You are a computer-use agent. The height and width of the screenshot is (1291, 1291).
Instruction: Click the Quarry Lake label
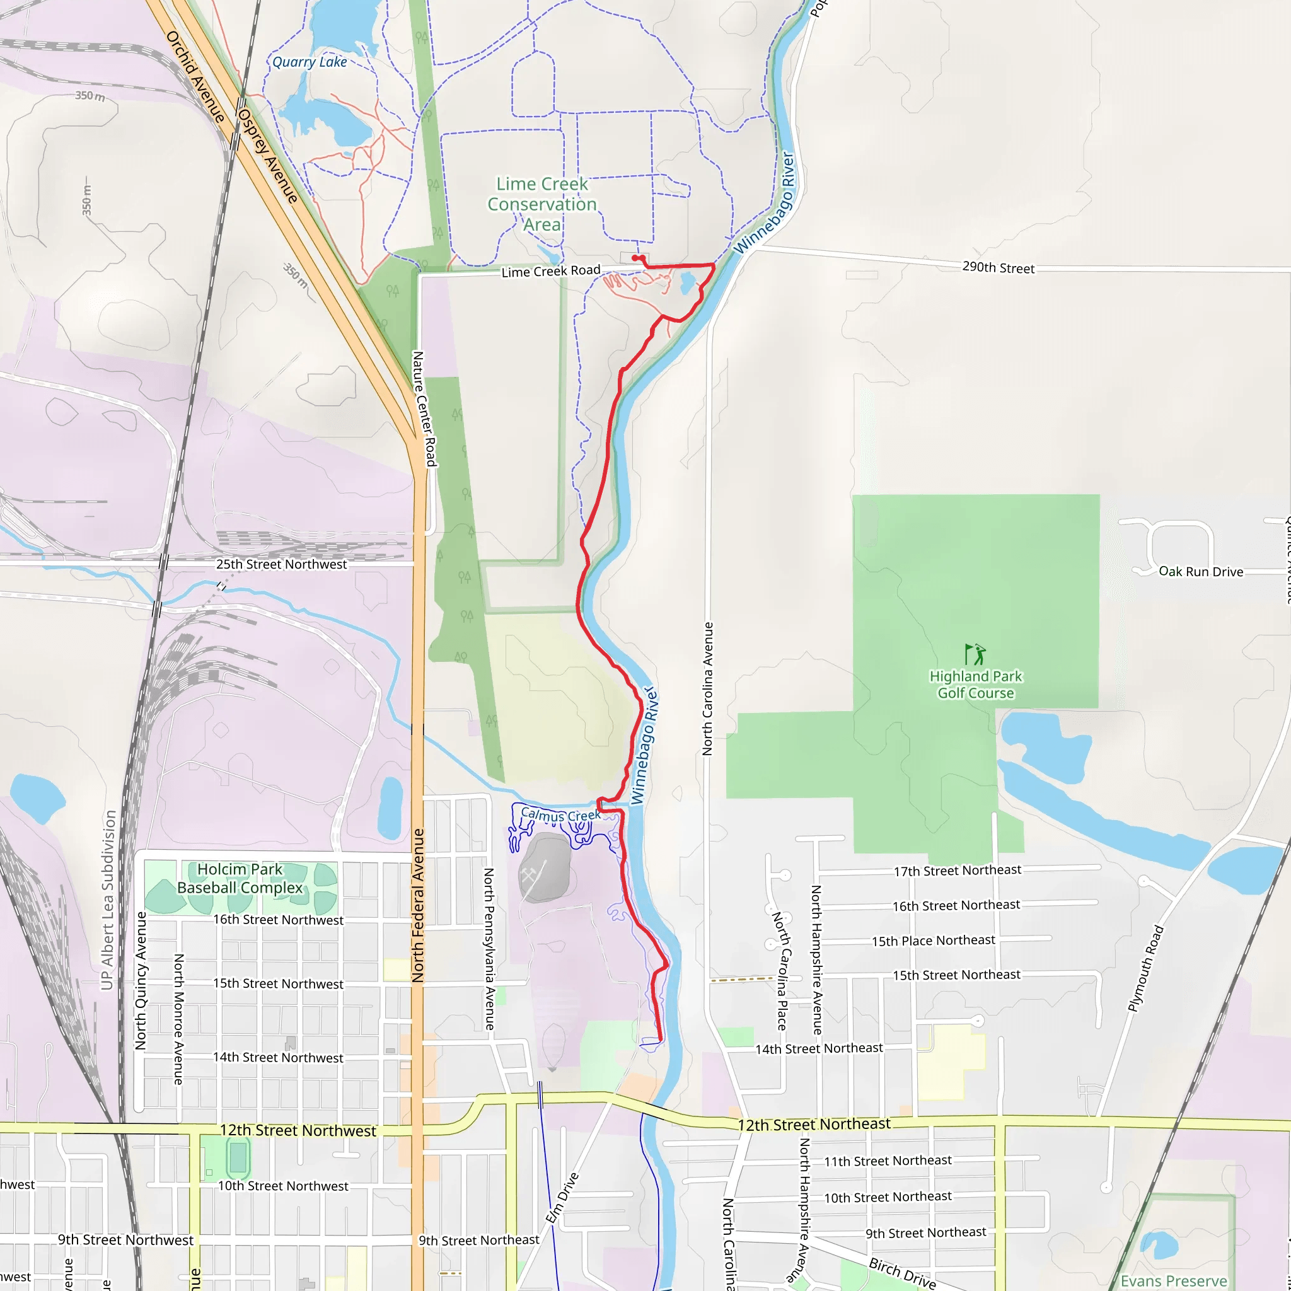click(310, 62)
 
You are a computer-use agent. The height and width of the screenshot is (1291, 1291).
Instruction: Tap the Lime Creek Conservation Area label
click(542, 204)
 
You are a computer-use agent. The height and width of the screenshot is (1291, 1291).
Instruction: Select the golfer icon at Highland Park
click(975, 654)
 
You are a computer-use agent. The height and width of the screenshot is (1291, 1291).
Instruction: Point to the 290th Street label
click(999, 267)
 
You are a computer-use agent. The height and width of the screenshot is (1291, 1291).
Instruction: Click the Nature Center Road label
click(424, 408)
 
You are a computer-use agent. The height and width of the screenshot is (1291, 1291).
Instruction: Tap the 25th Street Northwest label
click(281, 564)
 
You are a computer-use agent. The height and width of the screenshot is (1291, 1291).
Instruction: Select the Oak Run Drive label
click(1201, 571)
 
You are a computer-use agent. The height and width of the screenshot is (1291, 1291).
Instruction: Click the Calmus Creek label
click(560, 815)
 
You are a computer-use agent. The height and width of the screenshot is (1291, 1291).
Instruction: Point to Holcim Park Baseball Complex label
click(240, 878)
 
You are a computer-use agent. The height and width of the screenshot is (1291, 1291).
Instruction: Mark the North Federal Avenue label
click(419, 905)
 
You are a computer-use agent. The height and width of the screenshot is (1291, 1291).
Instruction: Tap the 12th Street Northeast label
click(814, 1125)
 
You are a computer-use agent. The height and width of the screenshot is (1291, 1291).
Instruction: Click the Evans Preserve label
click(1174, 1280)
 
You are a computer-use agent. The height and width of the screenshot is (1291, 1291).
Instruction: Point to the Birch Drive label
click(902, 1272)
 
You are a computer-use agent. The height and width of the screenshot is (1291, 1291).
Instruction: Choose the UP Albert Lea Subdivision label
click(108, 900)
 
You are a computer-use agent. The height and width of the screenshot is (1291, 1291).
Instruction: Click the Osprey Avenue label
click(268, 156)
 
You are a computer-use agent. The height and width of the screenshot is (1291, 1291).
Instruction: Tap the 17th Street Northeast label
click(958, 870)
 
